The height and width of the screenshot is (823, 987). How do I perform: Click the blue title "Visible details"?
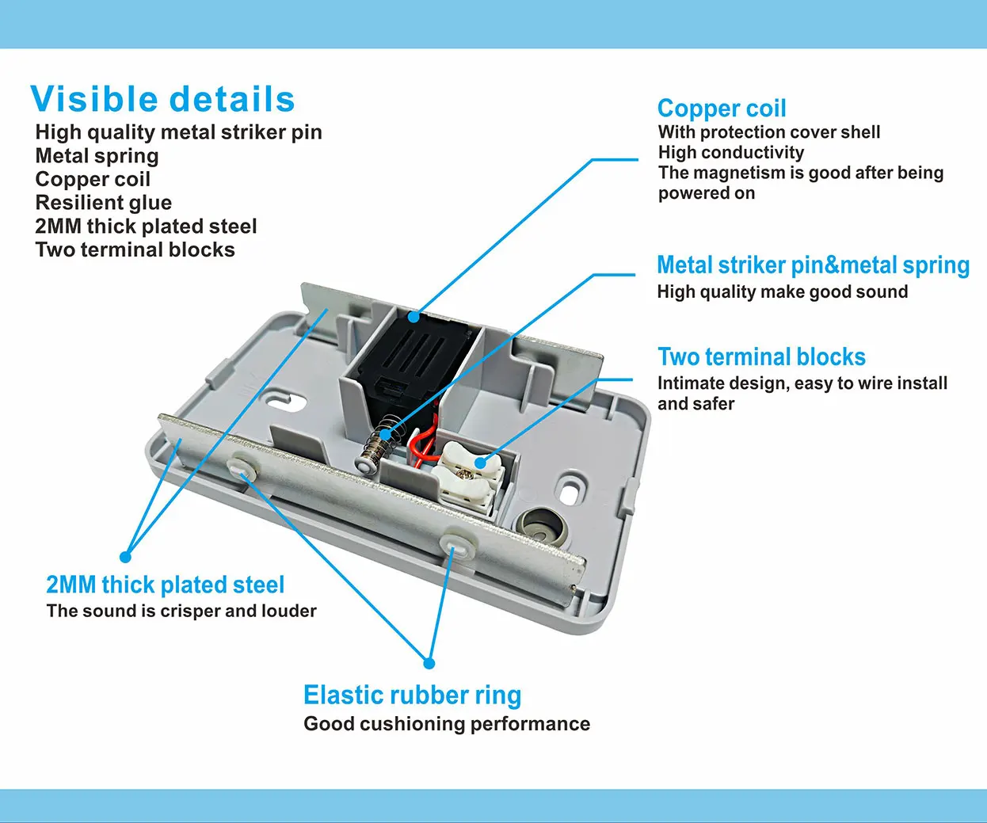[162, 100]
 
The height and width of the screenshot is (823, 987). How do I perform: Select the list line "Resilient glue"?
[103, 203]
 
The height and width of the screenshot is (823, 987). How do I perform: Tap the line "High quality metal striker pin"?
[178, 132]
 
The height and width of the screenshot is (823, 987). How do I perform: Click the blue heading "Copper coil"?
[722, 109]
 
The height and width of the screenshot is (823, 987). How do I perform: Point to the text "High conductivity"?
[730, 152]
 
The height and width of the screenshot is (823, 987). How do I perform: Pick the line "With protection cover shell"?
[768, 132]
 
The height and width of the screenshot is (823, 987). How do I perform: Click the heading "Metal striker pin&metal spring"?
[813, 265]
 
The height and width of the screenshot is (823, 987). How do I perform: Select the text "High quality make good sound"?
[782, 291]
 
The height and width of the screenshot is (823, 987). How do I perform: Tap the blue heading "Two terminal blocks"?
[761, 357]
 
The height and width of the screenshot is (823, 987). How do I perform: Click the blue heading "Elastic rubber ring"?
[412, 695]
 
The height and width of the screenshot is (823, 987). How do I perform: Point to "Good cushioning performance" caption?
[447, 724]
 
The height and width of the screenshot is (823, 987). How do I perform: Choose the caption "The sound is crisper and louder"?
[181, 611]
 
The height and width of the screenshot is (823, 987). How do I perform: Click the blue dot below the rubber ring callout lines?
[429, 663]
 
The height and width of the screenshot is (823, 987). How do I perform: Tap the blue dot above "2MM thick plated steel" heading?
[125, 557]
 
